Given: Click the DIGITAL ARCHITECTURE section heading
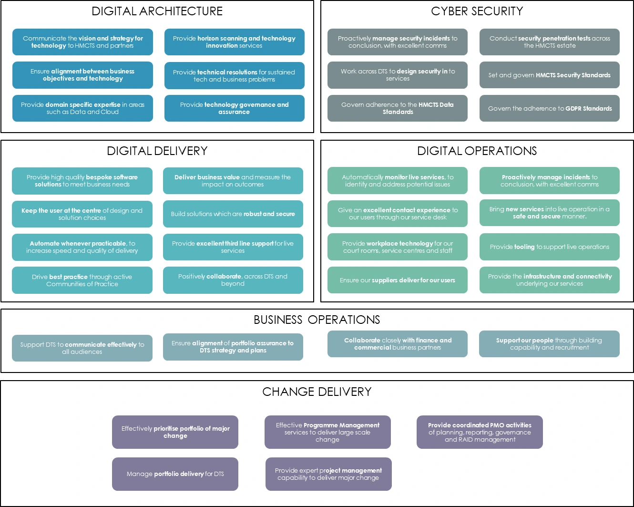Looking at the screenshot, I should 157,11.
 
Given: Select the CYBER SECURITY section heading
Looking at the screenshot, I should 477,11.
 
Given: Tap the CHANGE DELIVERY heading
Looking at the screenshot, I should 317,392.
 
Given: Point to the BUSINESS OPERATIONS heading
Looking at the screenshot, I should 317,320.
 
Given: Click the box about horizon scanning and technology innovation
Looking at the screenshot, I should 234,42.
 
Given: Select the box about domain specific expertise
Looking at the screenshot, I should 82,108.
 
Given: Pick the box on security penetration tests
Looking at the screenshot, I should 549,42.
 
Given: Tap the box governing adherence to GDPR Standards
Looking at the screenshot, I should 549,108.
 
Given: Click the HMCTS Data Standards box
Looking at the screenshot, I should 397,108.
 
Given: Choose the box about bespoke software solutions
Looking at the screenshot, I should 82,181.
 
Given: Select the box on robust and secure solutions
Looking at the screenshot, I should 233,214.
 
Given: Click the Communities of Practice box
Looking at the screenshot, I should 82,280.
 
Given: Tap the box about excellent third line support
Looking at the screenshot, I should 233,247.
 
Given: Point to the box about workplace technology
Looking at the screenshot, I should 397,247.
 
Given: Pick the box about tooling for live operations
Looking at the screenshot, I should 549,247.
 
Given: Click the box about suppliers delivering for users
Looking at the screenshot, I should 397,280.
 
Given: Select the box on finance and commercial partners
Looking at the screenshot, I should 397,344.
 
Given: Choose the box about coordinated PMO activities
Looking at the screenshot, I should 480,432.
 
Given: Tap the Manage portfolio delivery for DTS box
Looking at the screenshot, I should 175,474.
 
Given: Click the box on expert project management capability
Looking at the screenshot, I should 328,474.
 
